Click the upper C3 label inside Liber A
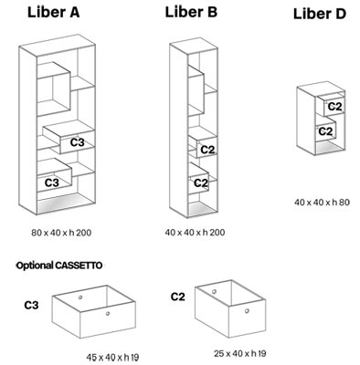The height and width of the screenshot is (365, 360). [x=78, y=142]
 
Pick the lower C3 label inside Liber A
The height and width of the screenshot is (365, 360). [x=52, y=182]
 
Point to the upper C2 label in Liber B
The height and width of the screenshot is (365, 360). [x=206, y=150]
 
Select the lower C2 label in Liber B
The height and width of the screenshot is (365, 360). [x=203, y=182]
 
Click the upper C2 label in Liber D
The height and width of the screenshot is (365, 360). [x=334, y=108]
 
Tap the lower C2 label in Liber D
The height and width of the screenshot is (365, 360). [x=325, y=130]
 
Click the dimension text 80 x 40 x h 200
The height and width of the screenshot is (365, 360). [x=60, y=234]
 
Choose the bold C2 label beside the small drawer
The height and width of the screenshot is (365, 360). [x=178, y=297]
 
